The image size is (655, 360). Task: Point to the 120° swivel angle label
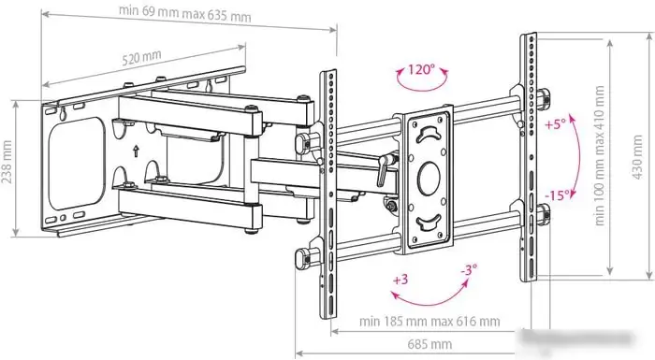click(420, 68)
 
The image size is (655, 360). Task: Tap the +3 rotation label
click(400, 280)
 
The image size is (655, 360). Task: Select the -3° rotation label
click(468, 269)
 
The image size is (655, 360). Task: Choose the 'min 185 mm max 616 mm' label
click(429, 321)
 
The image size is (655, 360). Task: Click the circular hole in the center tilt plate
click(427, 175)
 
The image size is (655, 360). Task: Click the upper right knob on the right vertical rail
click(544, 94)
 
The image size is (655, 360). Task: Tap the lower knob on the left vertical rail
click(301, 257)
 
